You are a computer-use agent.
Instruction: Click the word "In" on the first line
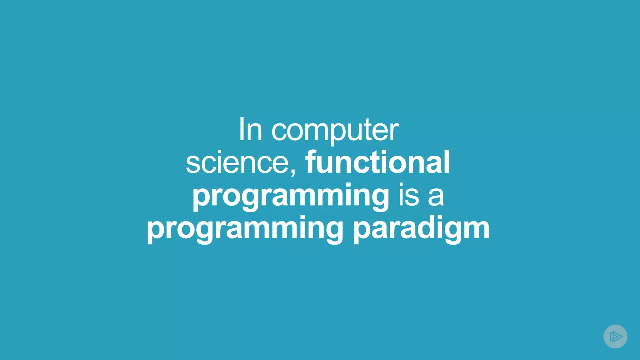click(250, 130)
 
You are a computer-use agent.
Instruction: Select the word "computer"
click(335, 131)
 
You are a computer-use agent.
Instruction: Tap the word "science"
click(237, 163)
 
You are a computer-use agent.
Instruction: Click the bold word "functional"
click(377, 162)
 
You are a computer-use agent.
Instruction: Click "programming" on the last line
click(245, 229)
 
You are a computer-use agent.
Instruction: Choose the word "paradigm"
click(421, 229)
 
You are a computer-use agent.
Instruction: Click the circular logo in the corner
click(615, 336)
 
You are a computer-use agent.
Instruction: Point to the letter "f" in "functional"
click(311, 162)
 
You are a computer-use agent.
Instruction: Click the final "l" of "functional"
click(447, 162)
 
